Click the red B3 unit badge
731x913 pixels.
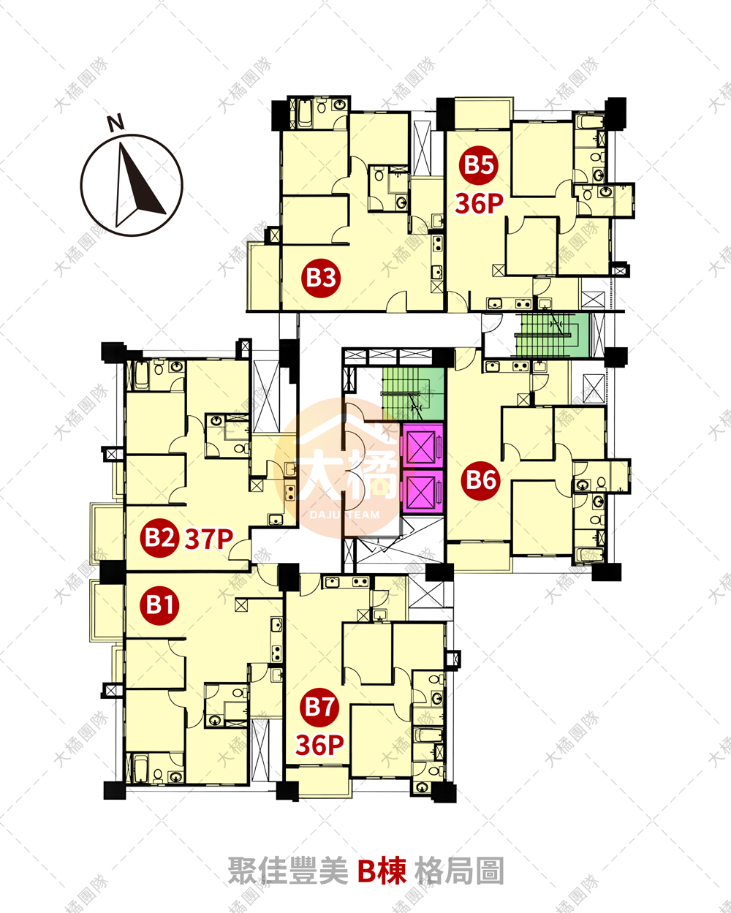[x=321, y=278]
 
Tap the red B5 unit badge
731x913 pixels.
[x=479, y=164]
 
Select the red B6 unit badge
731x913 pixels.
[x=481, y=480]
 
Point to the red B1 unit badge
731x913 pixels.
[x=159, y=605]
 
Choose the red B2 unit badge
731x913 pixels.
[x=159, y=537]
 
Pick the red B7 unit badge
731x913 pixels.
[x=319, y=707]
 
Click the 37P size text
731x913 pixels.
[x=209, y=539]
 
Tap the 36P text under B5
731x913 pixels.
[x=479, y=204]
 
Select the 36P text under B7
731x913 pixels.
[x=319, y=745]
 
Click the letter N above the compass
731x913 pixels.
[x=115, y=122]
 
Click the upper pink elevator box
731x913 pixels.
[x=422, y=446]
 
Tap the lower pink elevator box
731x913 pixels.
[x=422, y=491]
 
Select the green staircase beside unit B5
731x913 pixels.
[x=551, y=336]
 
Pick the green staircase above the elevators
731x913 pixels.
[x=412, y=393]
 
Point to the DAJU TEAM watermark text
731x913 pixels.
[x=344, y=515]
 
